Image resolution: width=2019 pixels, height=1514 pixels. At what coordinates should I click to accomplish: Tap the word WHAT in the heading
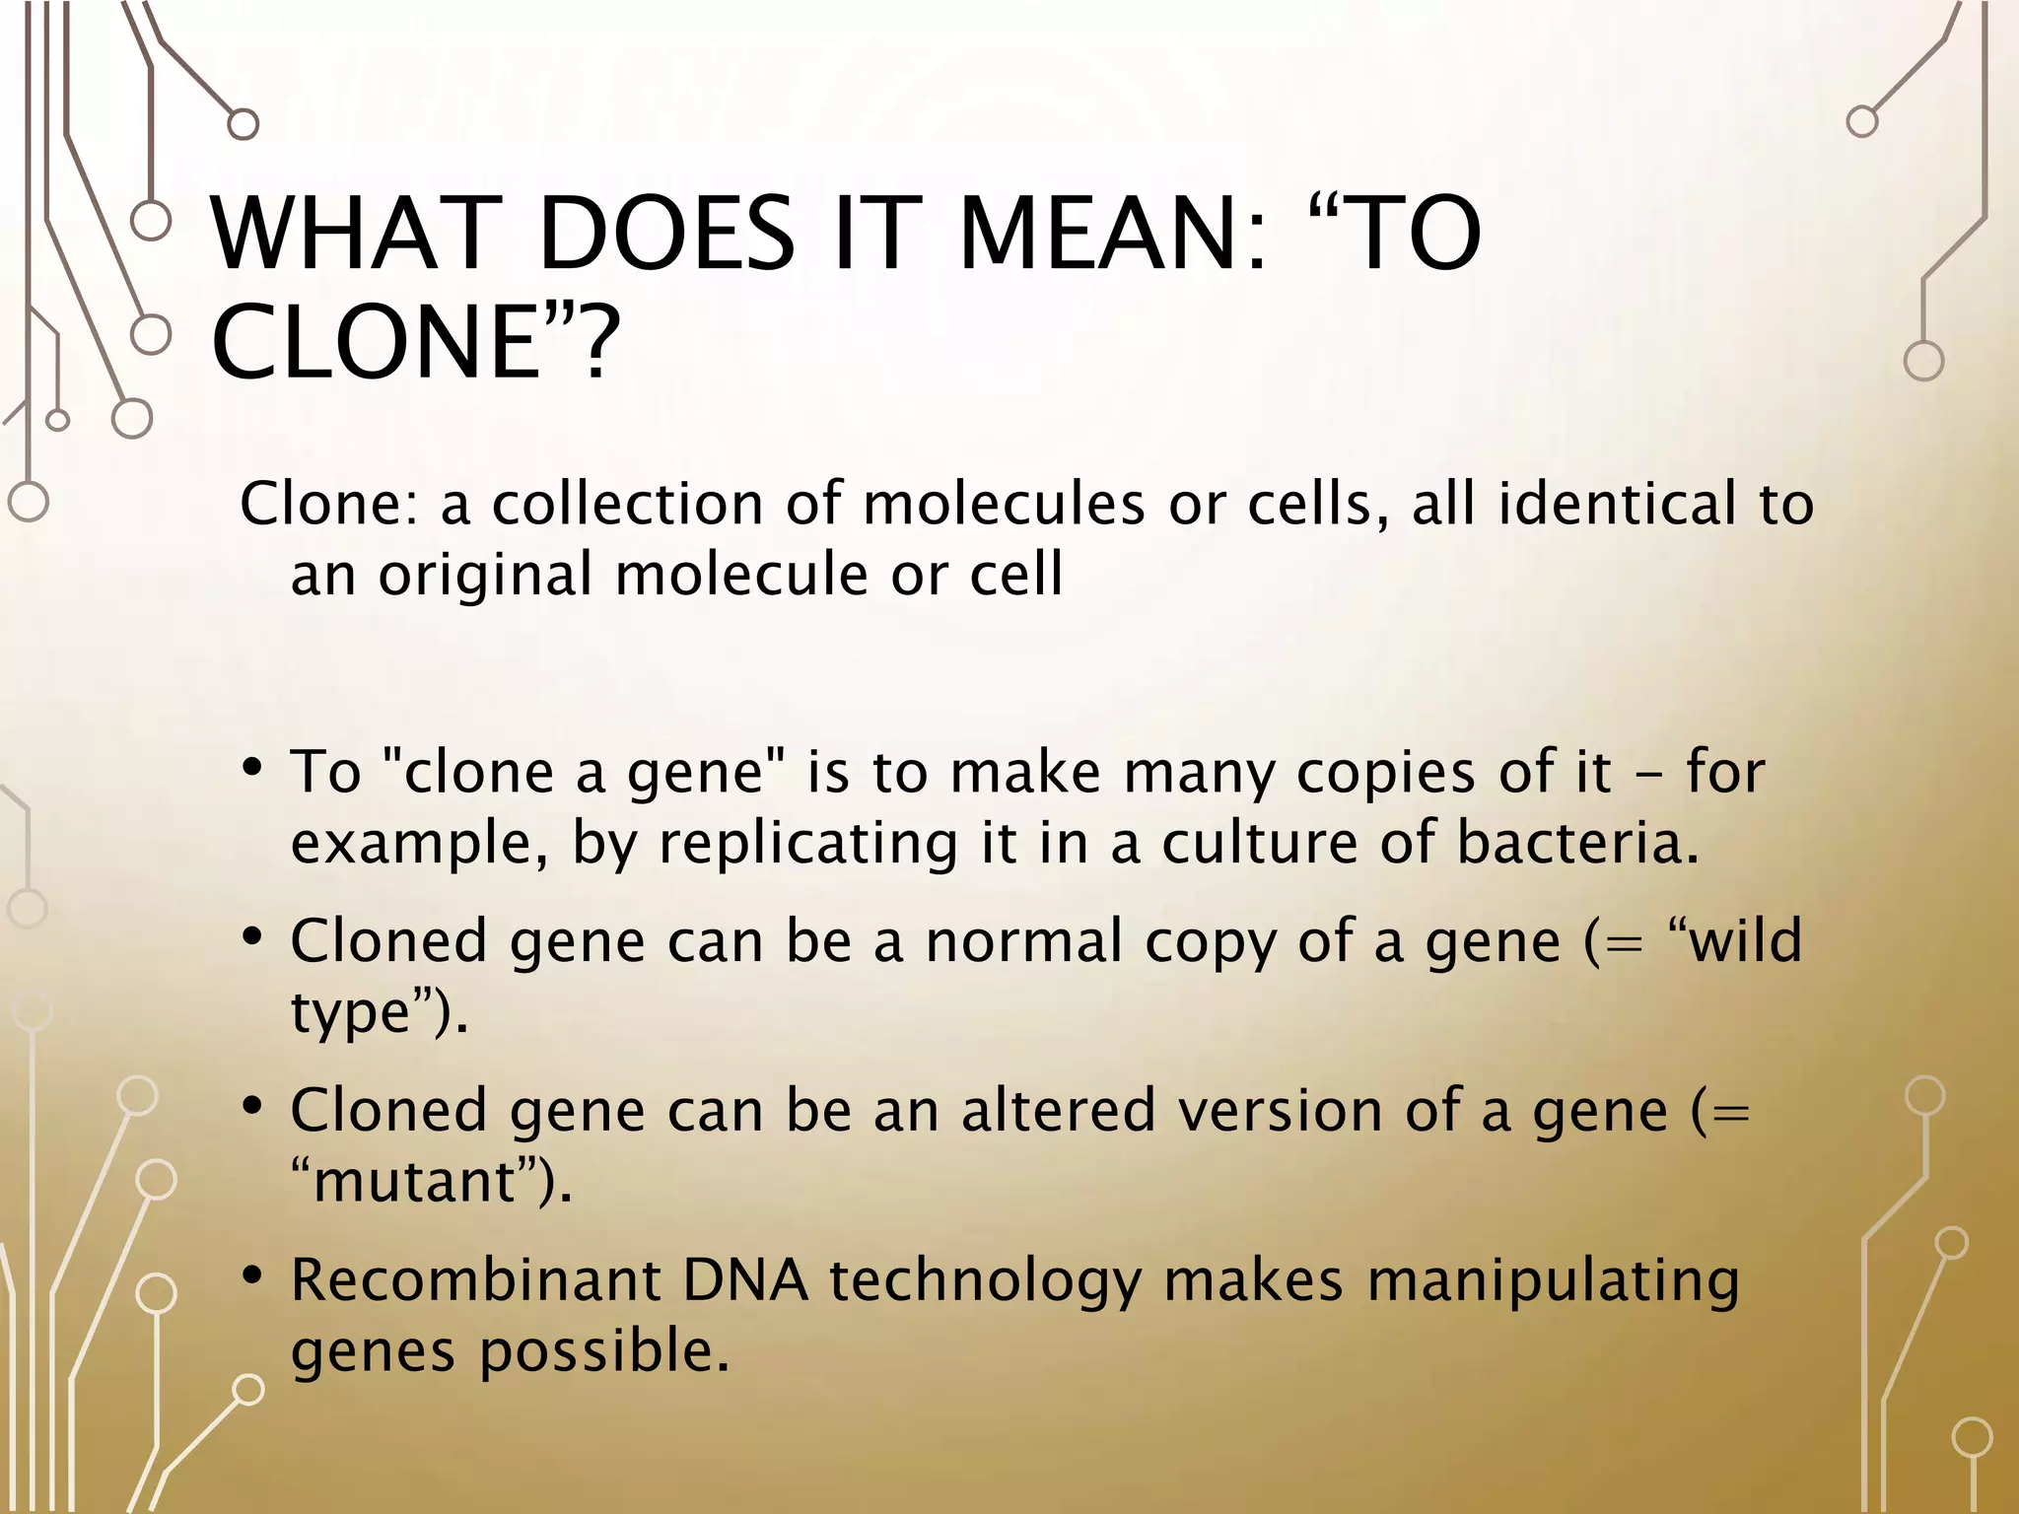350,234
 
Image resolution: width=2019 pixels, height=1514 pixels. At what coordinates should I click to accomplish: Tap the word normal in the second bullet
1023,940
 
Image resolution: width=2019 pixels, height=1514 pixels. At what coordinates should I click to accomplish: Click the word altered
1058,1110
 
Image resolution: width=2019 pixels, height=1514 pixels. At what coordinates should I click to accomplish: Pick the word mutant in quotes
415,1181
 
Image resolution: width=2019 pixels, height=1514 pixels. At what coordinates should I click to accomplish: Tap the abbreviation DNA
745,1280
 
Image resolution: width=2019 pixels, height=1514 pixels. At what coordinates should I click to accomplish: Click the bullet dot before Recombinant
252,1276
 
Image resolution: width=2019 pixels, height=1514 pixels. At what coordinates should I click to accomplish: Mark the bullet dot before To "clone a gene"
252,768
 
